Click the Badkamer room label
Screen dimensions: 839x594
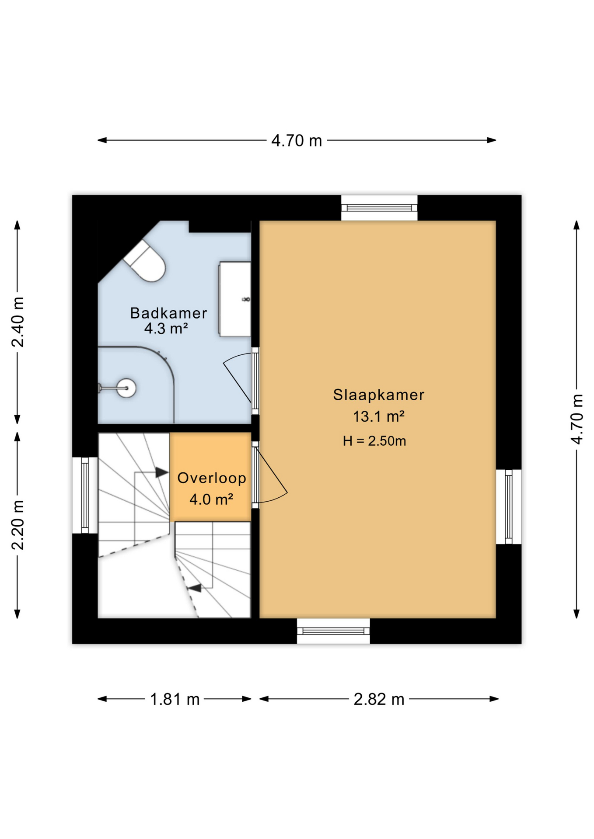168,313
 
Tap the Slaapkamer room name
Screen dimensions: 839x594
378,395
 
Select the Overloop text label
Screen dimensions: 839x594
212,478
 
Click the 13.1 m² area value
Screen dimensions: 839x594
378,416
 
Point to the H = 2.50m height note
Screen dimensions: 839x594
374,441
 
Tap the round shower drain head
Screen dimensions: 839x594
126,388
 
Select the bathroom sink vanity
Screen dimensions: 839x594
235,299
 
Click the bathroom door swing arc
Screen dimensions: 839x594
238,376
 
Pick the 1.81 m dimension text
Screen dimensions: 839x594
175,700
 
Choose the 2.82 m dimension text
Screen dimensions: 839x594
379,700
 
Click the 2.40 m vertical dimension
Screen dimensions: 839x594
18,322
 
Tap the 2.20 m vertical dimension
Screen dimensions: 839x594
18,525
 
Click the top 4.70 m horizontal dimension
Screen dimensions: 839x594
297,141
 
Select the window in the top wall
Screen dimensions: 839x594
379,208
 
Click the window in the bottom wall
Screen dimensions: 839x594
333,631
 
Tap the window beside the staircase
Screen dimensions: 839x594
85,495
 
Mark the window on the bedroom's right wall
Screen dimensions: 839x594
508,506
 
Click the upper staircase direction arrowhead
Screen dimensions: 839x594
161,472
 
